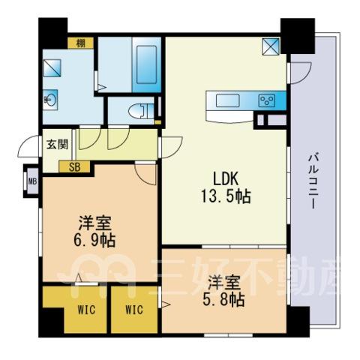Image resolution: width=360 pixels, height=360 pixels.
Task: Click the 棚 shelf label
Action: [x=80, y=43]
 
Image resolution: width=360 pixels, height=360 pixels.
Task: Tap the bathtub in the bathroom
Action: [x=146, y=64]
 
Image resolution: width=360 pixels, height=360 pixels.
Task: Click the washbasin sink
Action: [x=50, y=100]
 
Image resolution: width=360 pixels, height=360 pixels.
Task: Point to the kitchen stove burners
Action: [x=267, y=100]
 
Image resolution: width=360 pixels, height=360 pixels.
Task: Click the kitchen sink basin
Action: [x=228, y=100]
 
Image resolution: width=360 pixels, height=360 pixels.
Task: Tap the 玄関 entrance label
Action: [x=57, y=144]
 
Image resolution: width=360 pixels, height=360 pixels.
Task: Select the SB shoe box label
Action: [x=74, y=167]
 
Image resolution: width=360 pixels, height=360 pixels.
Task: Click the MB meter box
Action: [x=32, y=181]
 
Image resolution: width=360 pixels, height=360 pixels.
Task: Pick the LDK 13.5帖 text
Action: [x=226, y=187]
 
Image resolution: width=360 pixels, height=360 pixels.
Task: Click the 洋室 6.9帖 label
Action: [x=94, y=231]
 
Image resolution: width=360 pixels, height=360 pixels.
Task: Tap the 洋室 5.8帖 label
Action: [x=223, y=291]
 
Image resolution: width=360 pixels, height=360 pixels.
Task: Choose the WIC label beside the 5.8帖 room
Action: [x=134, y=310]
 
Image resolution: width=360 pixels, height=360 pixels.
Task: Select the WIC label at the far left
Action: [x=86, y=310]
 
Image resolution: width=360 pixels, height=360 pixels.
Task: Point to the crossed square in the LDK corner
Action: [x=271, y=46]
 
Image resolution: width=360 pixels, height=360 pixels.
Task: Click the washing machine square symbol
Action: [x=52, y=68]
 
